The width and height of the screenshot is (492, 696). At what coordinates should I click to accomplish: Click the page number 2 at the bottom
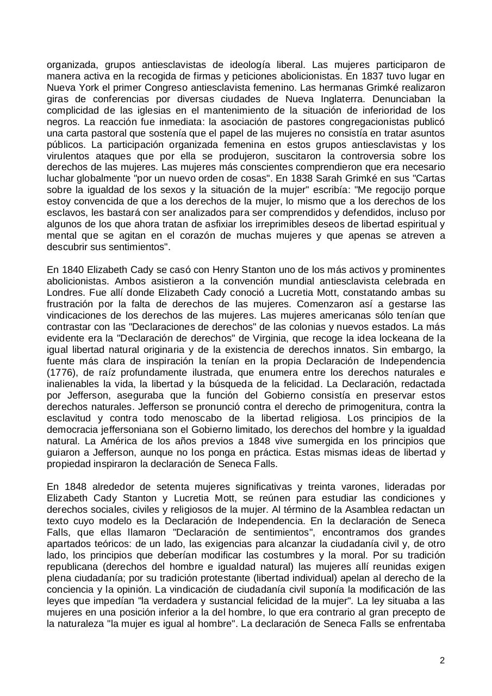pyautogui.click(x=442, y=661)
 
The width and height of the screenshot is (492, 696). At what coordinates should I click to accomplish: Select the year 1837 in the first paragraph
pyautogui.click(x=384, y=76)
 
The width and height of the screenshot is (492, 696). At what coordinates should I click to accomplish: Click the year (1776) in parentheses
pyautogui.click(x=62, y=373)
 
